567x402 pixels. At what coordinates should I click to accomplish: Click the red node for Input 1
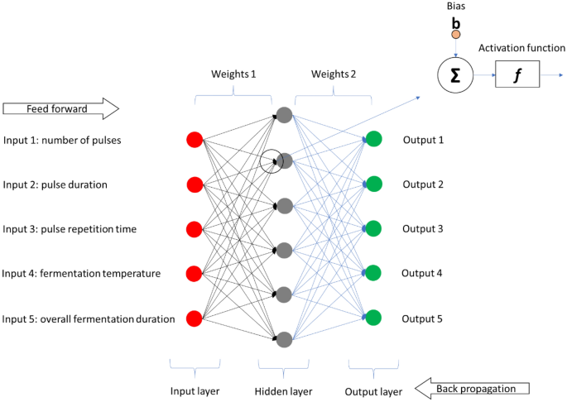tap(195, 140)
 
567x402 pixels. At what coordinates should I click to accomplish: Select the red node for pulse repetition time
tap(195, 229)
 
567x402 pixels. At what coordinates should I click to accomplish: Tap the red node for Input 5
tap(195, 318)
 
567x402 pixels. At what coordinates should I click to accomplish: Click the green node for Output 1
tap(373, 140)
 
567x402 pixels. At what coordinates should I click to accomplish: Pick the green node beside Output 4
tap(373, 273)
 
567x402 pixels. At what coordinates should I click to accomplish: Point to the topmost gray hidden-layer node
tap(284, 115)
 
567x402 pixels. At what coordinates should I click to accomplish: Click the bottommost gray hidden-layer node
tap(284, 338)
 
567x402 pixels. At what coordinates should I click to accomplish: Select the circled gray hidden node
tap(284, 160)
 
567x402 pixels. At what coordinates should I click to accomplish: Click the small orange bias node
tap(455, 36)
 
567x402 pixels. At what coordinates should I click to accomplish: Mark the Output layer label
tap(374, 391)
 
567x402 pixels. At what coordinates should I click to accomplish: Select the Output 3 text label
tap(424, 229)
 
